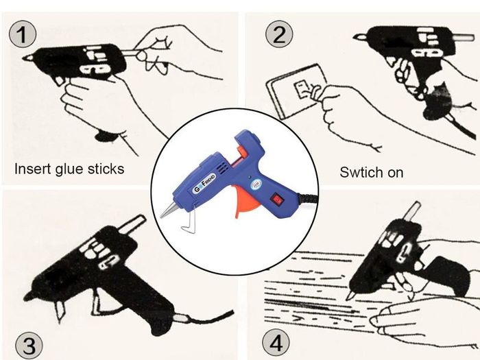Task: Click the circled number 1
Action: (23, 34)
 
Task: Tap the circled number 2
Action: (279, 34)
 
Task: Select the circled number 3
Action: (29, 346)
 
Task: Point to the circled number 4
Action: (276, 343)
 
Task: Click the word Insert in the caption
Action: (33, 169)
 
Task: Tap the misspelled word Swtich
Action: (357, 172)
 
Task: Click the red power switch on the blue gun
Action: (277, 200)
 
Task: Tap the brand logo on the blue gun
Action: (204, 183)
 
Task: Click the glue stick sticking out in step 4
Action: (413, 211)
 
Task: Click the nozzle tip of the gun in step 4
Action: (348, 298)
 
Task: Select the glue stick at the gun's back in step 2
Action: (463, 38)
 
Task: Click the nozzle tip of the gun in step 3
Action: (26, 298)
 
